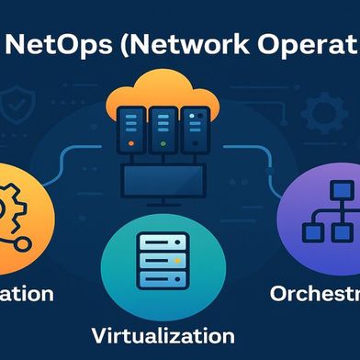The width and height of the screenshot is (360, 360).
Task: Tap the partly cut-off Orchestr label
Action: point(313,293)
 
